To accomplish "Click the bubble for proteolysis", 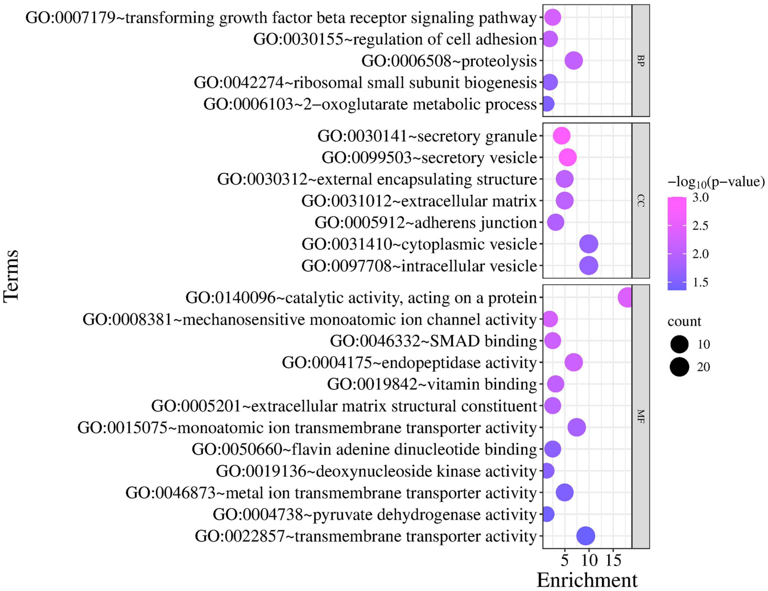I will [573, 61].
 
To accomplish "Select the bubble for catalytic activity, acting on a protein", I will [625, 298].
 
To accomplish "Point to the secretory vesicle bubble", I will [568, 158].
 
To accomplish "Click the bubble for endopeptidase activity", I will [573, 362].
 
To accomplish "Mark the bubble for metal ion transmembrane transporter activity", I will [565, 493].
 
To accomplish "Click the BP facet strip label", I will [641, 61].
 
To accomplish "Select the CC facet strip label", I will [641, 201].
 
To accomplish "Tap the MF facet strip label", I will [641, 417].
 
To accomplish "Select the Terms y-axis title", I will [11, 276].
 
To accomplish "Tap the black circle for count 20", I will [679, 367].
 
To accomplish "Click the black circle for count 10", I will [679, 344].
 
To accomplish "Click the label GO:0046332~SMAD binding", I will [433, 341].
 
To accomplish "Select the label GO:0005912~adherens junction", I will [425, 222].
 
